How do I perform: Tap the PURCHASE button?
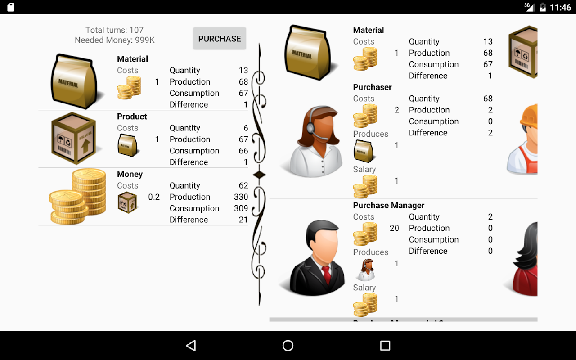click(x=220, y=39)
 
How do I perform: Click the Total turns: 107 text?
click(x=114, y=30)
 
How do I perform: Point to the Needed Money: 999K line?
click(x=115, y=40)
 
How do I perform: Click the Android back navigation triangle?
click(x=191, y=345)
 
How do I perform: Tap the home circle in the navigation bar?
click(x=288, y=345)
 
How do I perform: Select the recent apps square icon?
click(x=385, y=345)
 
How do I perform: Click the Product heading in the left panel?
click(x=132, y=117)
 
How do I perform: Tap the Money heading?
click(x=130, y=174)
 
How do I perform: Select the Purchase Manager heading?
click(x=388, y=205)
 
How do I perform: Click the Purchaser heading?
click(x=372, y=87)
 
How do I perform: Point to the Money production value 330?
click(x=241, y=197)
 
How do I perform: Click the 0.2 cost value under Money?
click(x=154, y=197)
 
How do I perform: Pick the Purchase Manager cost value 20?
click(x=394, y=228)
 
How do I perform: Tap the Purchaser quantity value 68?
click(x=488, y=99)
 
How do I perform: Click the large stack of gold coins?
click(x=78, y=197)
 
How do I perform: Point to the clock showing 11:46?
click(x=560, y=8)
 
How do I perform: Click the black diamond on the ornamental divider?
click(x=259, y=175)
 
